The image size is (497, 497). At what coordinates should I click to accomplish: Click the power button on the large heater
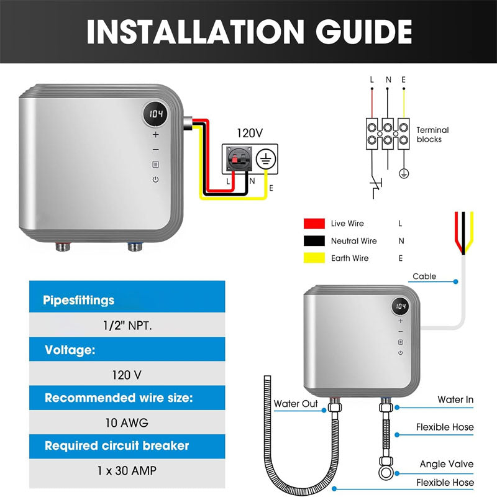[155, 180]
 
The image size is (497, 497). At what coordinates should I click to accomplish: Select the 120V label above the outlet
[251, 133]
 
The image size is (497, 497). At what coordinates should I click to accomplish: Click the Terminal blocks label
[432, 135]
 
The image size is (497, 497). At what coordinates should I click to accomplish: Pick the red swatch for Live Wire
[315, 223]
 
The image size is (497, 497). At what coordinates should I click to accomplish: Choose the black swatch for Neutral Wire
[315, 240]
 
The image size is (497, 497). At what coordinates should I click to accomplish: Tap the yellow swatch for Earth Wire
[315, 258]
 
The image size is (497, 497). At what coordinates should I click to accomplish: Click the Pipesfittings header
[79, 301]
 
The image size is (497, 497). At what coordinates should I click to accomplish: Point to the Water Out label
[296, 404]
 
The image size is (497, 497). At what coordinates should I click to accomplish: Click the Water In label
[455, 399]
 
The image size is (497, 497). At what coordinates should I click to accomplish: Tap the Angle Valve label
[446, 464]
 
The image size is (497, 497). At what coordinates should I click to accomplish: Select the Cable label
[424, 276]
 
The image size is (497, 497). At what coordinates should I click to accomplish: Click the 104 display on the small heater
[401, 307]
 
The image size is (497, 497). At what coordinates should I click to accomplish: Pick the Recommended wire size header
[119, 398]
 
